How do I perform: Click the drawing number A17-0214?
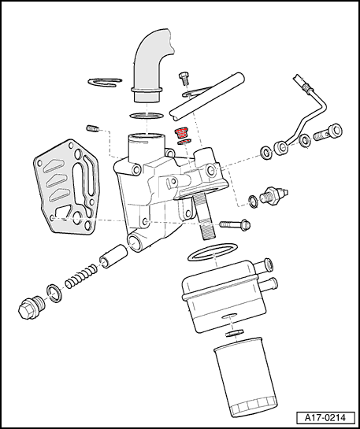pos(325,418)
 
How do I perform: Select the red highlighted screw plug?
pos(181,133)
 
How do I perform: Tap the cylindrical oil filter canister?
pos(245,378)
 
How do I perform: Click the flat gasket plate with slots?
pos(66,187)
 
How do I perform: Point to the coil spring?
pos(81,277)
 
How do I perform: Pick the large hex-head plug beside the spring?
pos(31,308)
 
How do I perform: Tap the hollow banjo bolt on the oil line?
pos(328,132)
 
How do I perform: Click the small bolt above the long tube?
pos(184,78)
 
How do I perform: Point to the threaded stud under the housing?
pos(205,216)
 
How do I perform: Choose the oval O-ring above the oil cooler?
pos(213,252)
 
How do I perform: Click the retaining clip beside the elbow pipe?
pos(105,83)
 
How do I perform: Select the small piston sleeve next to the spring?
pos(113,257)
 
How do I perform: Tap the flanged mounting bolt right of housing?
pos(235,224)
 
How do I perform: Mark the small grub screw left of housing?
pos(94,128)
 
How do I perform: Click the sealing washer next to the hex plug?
pos(54,294)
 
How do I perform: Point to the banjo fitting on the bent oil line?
pos(281,148)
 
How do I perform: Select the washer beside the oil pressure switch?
pos(254,202)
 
